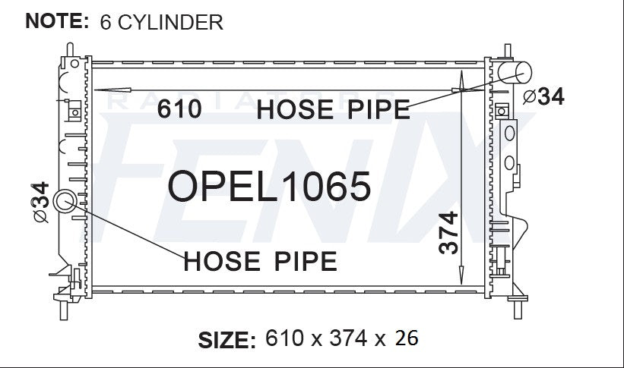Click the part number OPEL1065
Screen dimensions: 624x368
269,186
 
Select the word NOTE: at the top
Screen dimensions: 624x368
57,20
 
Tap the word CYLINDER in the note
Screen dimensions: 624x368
170,22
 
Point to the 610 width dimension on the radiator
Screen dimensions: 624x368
179,109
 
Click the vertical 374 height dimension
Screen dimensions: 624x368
448,233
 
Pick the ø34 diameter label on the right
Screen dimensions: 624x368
543,96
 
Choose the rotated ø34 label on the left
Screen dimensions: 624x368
40,203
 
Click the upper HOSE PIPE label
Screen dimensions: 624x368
334,110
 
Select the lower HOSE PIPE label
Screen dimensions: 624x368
260,261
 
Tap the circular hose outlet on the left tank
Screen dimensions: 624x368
64,201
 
